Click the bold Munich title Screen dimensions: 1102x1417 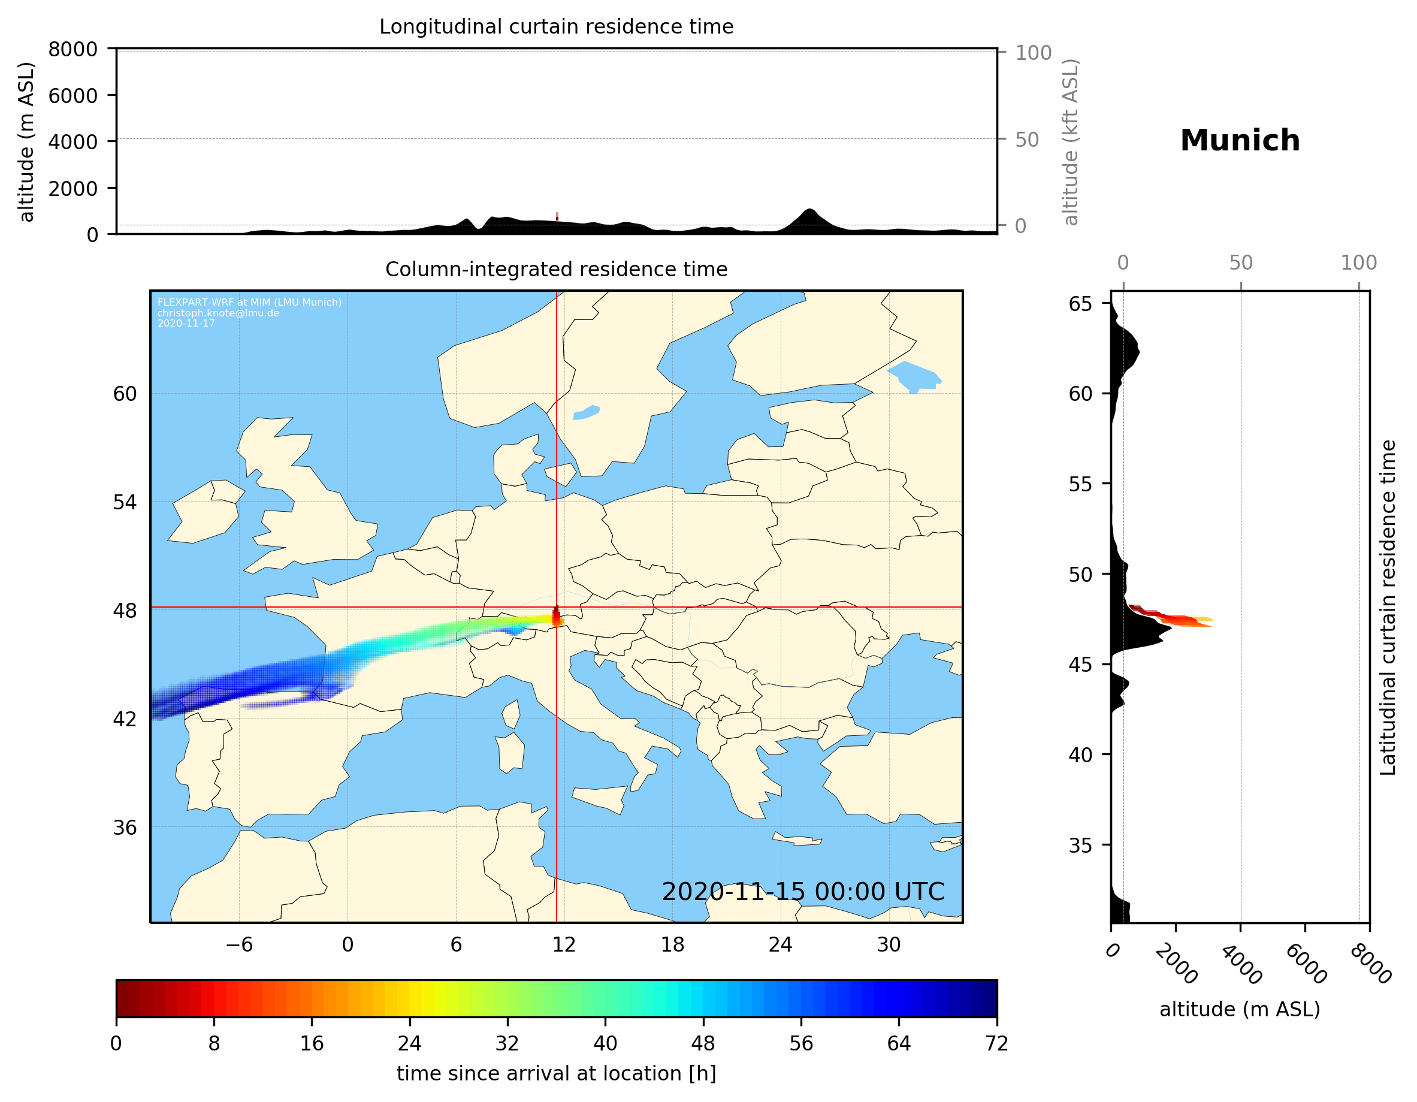point(1240,141)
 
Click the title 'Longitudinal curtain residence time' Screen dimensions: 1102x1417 point(556,26)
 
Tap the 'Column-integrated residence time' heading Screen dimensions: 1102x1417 point(556,269)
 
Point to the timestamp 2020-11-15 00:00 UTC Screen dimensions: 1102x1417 point(803,892)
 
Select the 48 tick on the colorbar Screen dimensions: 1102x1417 point(703,1043)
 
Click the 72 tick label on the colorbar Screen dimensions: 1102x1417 point(996,1043)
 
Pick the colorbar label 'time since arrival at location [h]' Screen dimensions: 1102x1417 point(556,1073)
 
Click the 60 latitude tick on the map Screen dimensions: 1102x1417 point(125,394)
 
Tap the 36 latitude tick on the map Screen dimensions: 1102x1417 point(125,828)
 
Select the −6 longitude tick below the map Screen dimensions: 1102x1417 point(238,944)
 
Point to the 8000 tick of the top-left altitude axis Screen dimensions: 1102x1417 point(72,49)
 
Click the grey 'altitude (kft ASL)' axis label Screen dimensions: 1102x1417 point(1071,141)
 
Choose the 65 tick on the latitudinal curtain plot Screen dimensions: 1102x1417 point(1080,304)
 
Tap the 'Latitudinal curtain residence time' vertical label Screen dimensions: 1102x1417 point(1387,608)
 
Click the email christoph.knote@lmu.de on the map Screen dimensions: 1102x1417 point(218,313)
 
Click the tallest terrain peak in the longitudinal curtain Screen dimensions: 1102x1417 point(808,210)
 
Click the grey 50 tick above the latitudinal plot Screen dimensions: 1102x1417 point(1240,263)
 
